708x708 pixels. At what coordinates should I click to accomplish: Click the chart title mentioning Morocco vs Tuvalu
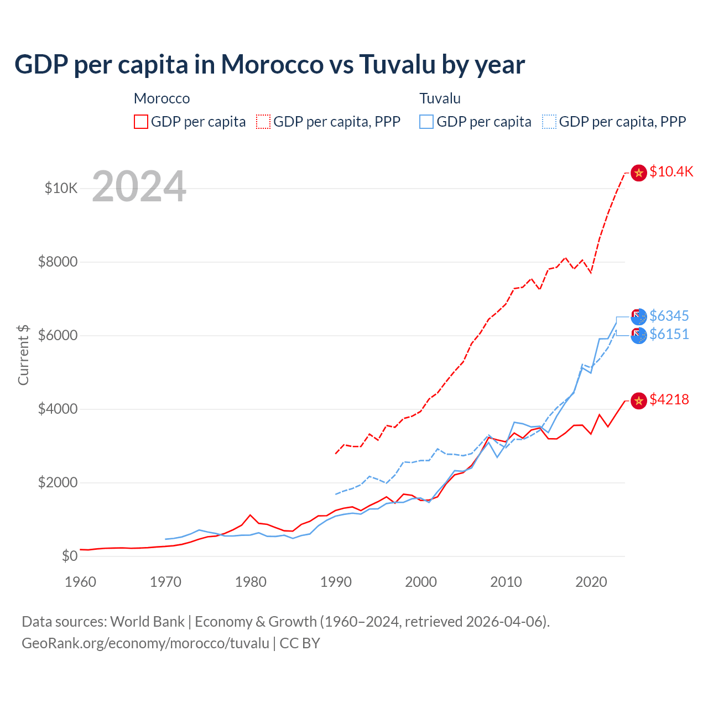click(269, 65)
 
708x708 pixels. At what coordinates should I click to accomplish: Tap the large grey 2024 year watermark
click(139, 186)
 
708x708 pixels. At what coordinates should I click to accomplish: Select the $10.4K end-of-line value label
click(671, 171)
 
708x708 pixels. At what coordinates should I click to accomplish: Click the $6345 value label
click(669, 316)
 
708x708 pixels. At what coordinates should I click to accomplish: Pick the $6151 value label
click(669, 334)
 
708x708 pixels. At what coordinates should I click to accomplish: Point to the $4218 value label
click(669, 399)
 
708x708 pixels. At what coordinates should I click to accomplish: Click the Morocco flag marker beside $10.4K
click(639, 173)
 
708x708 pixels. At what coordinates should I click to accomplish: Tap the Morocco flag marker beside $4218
click(639, 400)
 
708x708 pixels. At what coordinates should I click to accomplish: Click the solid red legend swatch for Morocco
click(141, 122)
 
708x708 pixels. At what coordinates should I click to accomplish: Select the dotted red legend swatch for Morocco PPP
click(263, 122)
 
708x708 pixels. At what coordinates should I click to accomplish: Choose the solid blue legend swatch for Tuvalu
click(426, 122)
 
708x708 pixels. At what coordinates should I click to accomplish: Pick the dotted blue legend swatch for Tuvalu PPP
click(549, 122)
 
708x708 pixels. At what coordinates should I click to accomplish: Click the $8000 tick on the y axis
click(58, 262)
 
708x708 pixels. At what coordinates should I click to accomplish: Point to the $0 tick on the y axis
click(69, 556)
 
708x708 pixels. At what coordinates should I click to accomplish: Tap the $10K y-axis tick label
click(61, 189)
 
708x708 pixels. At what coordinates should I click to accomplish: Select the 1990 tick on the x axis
click(336, 582)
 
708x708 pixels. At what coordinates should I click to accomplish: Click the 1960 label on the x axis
click(81, 582)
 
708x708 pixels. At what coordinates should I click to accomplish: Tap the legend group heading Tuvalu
click(440, 98)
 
